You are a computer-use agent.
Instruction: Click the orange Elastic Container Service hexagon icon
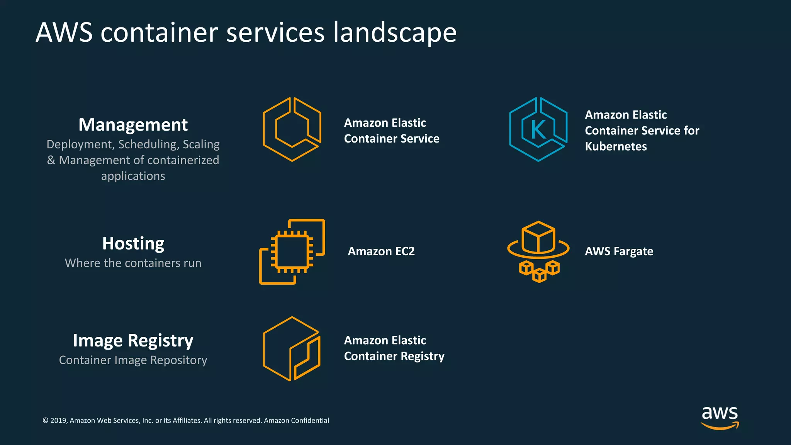pos(292,129)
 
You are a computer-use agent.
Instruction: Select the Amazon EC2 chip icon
pos(292,252)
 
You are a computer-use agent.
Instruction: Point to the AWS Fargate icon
pos(538,251)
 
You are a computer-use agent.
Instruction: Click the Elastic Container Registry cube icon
pos(292,349)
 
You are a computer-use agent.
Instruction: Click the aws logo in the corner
pos(720,417)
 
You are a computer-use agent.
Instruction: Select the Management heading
pos(133,125)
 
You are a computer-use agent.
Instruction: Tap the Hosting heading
pos(133,243)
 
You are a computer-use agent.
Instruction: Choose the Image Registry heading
pos(133,341)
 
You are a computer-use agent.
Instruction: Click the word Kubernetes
pos(616,146)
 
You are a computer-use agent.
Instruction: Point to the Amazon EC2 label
pos(381,251)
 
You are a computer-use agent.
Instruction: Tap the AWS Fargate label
pos(619,251)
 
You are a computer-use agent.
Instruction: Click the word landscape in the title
pos(395,32)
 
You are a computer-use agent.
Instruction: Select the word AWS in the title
pos(64,32)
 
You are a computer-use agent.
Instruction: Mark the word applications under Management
pos(133,176)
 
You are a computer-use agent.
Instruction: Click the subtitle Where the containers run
pos(133,263)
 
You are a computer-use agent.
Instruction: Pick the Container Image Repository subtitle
pos(133,360)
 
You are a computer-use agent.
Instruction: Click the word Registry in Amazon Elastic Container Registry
pos(423,356)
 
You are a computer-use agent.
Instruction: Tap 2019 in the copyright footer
pos(58,421)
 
